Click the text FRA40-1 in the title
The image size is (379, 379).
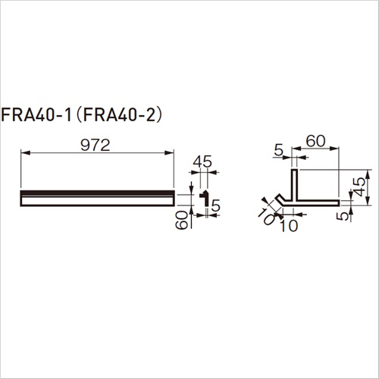(36, 116)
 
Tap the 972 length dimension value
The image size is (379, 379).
(96, 146)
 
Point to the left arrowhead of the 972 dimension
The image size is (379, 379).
(25, 152)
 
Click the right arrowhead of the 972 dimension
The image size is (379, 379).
(169, 152)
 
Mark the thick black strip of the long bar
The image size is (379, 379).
(97, 193)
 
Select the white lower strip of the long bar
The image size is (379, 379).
(97, 201)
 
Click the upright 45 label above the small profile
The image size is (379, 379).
(202, 161)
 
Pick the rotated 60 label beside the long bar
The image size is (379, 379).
(182, 220)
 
